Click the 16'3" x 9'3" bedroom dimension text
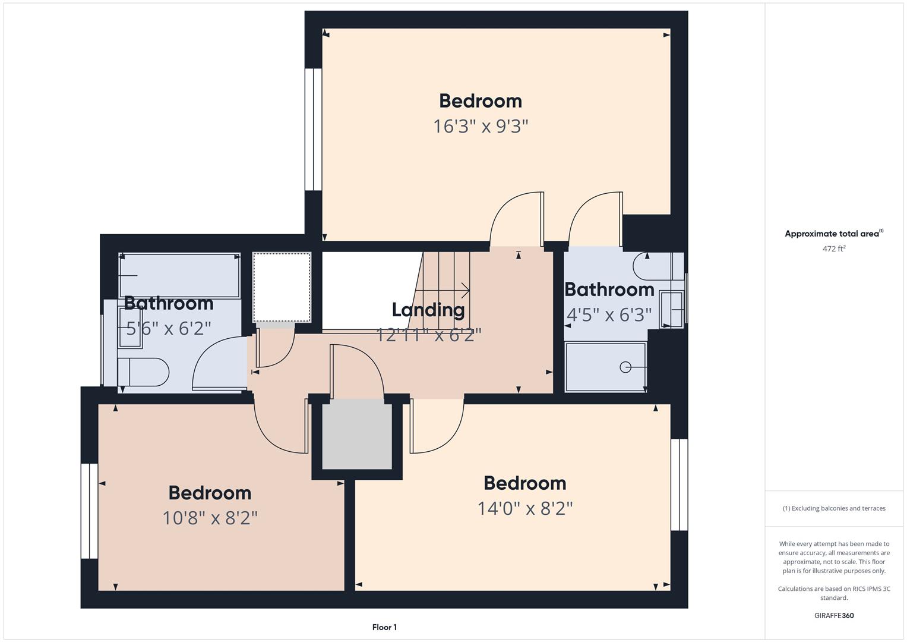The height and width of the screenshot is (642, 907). [481, 127]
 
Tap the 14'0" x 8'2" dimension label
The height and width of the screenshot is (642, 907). [525, 509]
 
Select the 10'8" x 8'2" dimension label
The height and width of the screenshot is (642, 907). [210, 518]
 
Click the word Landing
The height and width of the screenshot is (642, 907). [428, 310]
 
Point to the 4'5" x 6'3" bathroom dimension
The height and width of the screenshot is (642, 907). [609, 314]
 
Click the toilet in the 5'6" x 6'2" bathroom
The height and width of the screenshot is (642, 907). [144, 372]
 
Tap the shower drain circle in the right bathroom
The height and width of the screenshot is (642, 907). [625, 367]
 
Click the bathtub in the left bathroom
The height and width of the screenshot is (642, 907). [179, 275]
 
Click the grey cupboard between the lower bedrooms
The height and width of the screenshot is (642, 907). [357, 434]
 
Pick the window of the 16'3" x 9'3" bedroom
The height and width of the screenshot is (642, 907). [313, 130]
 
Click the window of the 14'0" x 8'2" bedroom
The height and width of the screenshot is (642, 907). [679, 484]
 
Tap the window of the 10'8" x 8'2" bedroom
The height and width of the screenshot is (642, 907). [90, 511]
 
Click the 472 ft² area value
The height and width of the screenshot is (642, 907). [833, 249]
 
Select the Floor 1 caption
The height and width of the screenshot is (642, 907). [384, 627]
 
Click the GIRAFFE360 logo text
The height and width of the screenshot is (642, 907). [833, 616]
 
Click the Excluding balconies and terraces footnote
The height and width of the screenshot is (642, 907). [833, 508]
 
